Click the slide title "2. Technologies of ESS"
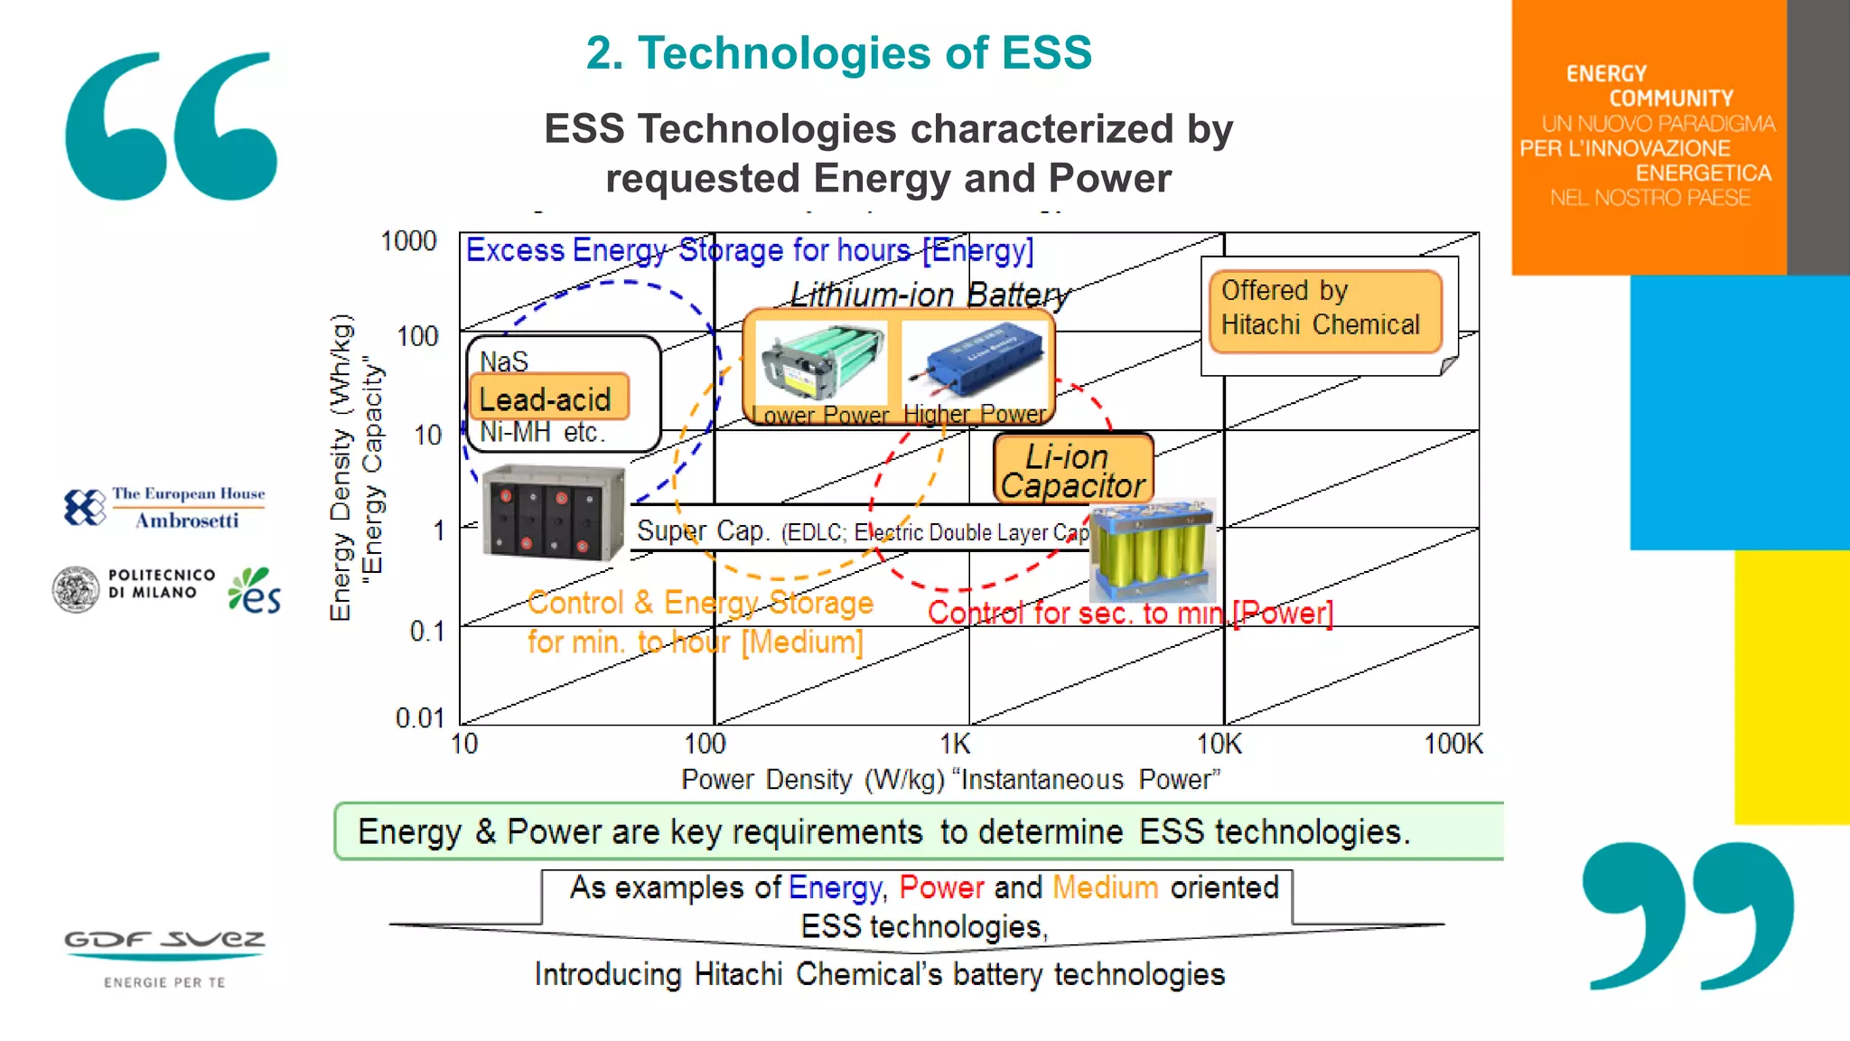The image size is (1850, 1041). tap(838, 52)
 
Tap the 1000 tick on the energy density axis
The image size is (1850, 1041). tap(408, 241)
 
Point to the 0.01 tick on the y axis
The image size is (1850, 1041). tap(420, 717)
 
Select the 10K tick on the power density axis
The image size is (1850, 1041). tap(1219, 744)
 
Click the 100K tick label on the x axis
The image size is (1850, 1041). tap(1453, 744)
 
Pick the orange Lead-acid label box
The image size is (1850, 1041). tap(548, 398)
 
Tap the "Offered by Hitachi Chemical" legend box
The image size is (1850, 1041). tap(1324, 309)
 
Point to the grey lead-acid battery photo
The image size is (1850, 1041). tap(553, 513)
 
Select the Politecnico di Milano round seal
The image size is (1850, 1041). tap(76, 589)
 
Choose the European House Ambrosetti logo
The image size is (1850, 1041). tap(164, 507)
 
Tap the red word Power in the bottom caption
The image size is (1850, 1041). tap(941, 887)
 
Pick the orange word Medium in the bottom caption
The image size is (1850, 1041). tap(1105, 887)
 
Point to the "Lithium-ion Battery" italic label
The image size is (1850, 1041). tap(930, 294)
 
